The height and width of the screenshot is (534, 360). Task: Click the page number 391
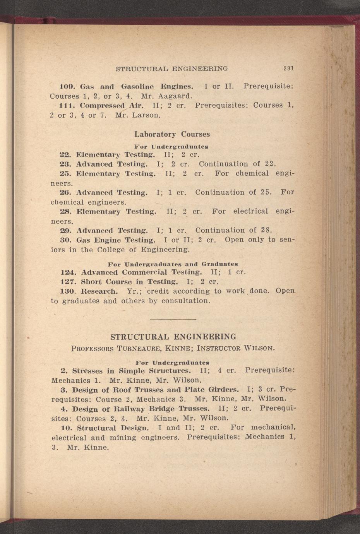click(x=288, y=68)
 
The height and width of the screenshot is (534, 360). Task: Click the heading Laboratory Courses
click(x=172, y=135)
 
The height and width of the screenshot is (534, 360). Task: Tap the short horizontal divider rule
click(x=173, y=319)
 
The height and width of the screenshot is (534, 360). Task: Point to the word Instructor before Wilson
click(x=219, y=348)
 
